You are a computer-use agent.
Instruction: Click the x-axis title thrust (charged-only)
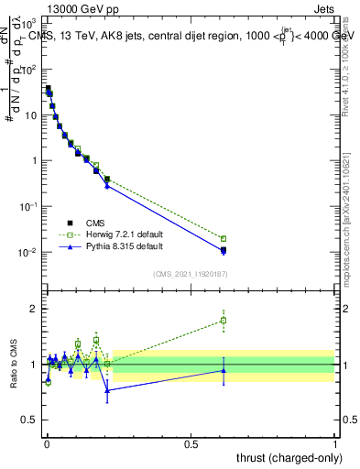[x=289, y=457]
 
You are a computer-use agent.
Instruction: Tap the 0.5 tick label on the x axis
[x=191, y=443]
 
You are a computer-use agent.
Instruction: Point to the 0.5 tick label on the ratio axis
[x=29, y=420]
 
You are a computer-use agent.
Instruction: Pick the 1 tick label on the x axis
[x=335, y=443]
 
